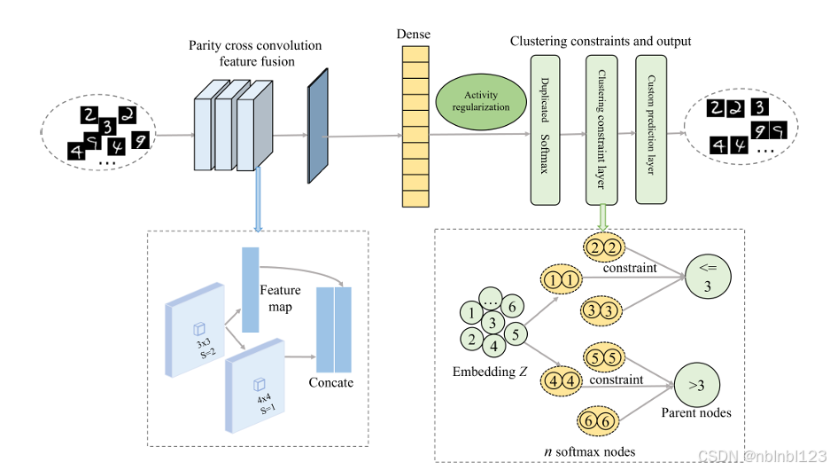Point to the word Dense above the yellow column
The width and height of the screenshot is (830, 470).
point(414,35)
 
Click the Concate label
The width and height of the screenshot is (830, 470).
point(331,382)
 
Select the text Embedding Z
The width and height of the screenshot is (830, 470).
point(491,370)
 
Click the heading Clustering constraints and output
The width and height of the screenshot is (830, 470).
point(601,42)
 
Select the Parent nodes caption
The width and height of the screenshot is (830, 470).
point(697,412)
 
